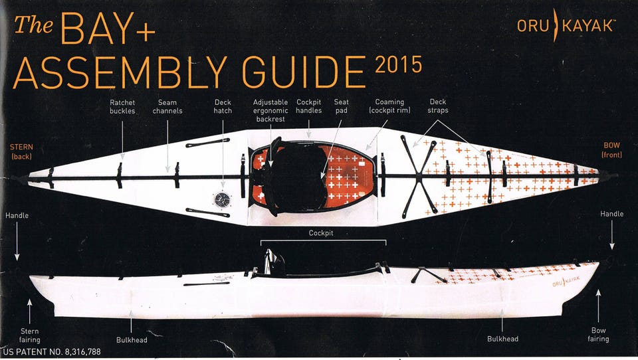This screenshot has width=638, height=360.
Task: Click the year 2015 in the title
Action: point(398,64)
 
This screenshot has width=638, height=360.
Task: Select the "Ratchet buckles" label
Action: point(122,106)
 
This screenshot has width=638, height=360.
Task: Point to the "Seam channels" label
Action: point(167,106)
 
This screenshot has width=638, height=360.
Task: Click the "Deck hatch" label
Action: point(223,106)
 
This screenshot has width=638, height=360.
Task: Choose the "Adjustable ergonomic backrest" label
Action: point(270,111)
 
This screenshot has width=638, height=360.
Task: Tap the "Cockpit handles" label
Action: point(309,106)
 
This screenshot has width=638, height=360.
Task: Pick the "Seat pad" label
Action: point(341,106)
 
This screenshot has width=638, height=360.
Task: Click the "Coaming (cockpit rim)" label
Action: point(389,106)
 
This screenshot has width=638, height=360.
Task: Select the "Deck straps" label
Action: point(438,106)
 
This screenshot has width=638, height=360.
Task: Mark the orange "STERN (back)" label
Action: point(21,151)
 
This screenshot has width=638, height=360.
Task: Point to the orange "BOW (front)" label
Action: point(611,149)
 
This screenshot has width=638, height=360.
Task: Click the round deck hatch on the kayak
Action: point(222,199)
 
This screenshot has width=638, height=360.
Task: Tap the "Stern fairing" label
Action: point(30,335)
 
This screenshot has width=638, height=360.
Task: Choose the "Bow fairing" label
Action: point(598,334)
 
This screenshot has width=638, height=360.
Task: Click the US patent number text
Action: point(52,352)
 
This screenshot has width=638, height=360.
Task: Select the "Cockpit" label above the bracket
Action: point(320,233)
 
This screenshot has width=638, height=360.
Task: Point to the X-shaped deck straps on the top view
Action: point(419,177)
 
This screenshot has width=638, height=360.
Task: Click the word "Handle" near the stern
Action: point(17,216)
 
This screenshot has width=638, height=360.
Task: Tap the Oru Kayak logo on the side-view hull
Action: point(566,281)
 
